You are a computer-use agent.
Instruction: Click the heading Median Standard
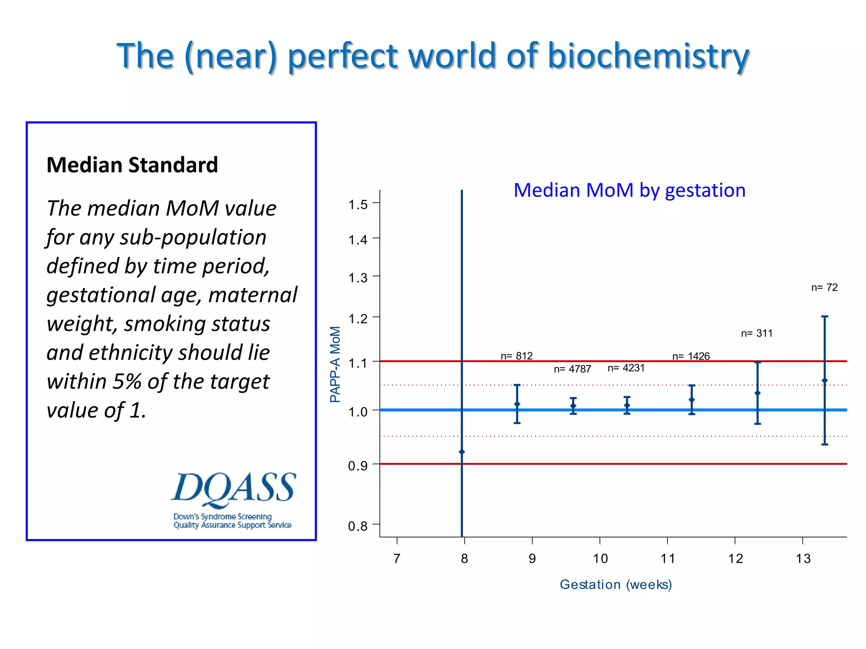(x=132, y=165)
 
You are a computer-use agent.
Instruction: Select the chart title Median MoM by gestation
(x=629, y=190)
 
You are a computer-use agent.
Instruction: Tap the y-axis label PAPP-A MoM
(x=335, y=364)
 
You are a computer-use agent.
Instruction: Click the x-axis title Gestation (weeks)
(x=616, y=584)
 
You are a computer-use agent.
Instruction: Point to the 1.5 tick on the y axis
(x=358, y=205)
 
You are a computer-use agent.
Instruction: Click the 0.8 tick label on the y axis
(x=358, y=526)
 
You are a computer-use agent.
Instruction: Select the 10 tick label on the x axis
(x=600, y=559)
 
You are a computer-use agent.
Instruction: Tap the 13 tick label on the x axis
(x=803, y=559)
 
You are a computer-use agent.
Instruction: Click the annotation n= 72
(x=824, y=287)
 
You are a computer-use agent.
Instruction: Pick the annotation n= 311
(x=756, y=333)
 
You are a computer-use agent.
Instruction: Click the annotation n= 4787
(x=572, y=369)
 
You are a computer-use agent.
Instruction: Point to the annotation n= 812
(x=516, y=356)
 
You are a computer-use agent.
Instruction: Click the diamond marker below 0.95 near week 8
(x=462, y=452)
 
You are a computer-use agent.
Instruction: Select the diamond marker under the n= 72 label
(x=825, y=381)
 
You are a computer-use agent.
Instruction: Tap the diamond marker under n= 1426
(x=692, y=400)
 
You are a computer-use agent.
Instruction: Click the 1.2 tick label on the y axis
(x=358, y=319)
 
